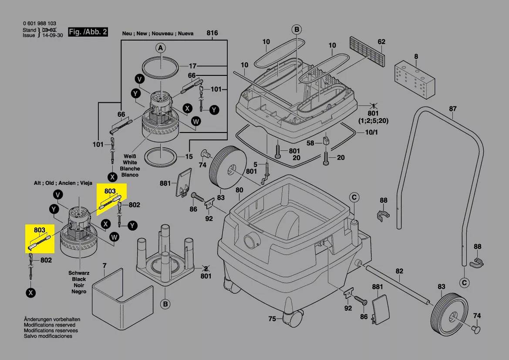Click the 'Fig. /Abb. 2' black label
click(88, 32)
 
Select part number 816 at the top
click(212, 33)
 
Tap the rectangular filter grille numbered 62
click(367, 51)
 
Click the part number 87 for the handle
click(453, 109)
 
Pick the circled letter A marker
click(160, 48)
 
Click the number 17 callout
click(192, 66)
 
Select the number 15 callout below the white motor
click(189, 156)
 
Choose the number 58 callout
click(310, 143)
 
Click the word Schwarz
click(79, 273)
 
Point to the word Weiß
click(130, 156)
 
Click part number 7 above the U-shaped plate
click(104, 265)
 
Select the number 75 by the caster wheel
click(272, 319)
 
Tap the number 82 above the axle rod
click(399, 271)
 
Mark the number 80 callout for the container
click(239, 190)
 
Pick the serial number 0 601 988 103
click(40, 24)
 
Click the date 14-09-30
click(53, 35)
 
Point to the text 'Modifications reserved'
click(50, 325)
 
